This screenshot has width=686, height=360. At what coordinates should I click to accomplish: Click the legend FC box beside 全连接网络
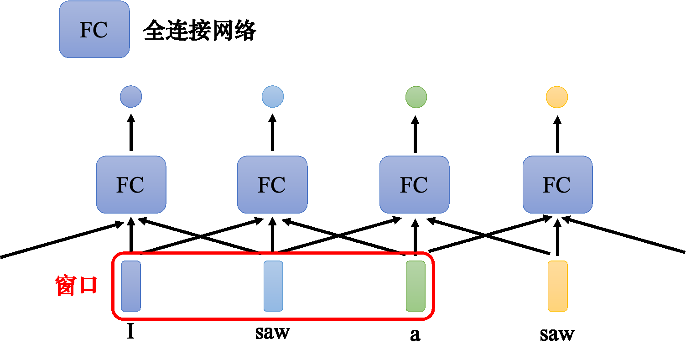94,29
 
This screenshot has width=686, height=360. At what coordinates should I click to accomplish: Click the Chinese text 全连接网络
200,31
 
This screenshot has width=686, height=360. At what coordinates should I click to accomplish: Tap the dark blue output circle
131,97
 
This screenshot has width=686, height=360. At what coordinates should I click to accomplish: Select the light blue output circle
273,97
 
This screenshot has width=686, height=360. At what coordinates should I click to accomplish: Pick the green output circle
416,97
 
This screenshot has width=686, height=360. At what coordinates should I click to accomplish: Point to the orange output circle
557,97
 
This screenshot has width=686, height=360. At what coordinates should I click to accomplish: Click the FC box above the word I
131,184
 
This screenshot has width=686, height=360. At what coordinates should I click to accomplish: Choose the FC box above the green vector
415,184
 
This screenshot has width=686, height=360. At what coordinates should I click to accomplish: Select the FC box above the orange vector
557,184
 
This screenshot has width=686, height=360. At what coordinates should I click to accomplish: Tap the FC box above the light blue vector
272,184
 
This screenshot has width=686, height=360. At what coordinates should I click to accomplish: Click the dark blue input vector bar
131,286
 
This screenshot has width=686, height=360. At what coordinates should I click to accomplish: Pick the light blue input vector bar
273,286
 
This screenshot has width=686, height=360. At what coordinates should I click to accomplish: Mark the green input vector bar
416,286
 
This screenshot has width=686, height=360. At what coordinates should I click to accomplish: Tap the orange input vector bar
557,286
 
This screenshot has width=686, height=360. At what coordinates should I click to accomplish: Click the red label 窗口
76,286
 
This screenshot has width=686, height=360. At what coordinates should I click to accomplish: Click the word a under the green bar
415,335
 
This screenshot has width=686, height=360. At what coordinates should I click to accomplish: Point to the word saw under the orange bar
557,334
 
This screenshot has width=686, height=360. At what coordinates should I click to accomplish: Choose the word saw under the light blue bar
272,333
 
